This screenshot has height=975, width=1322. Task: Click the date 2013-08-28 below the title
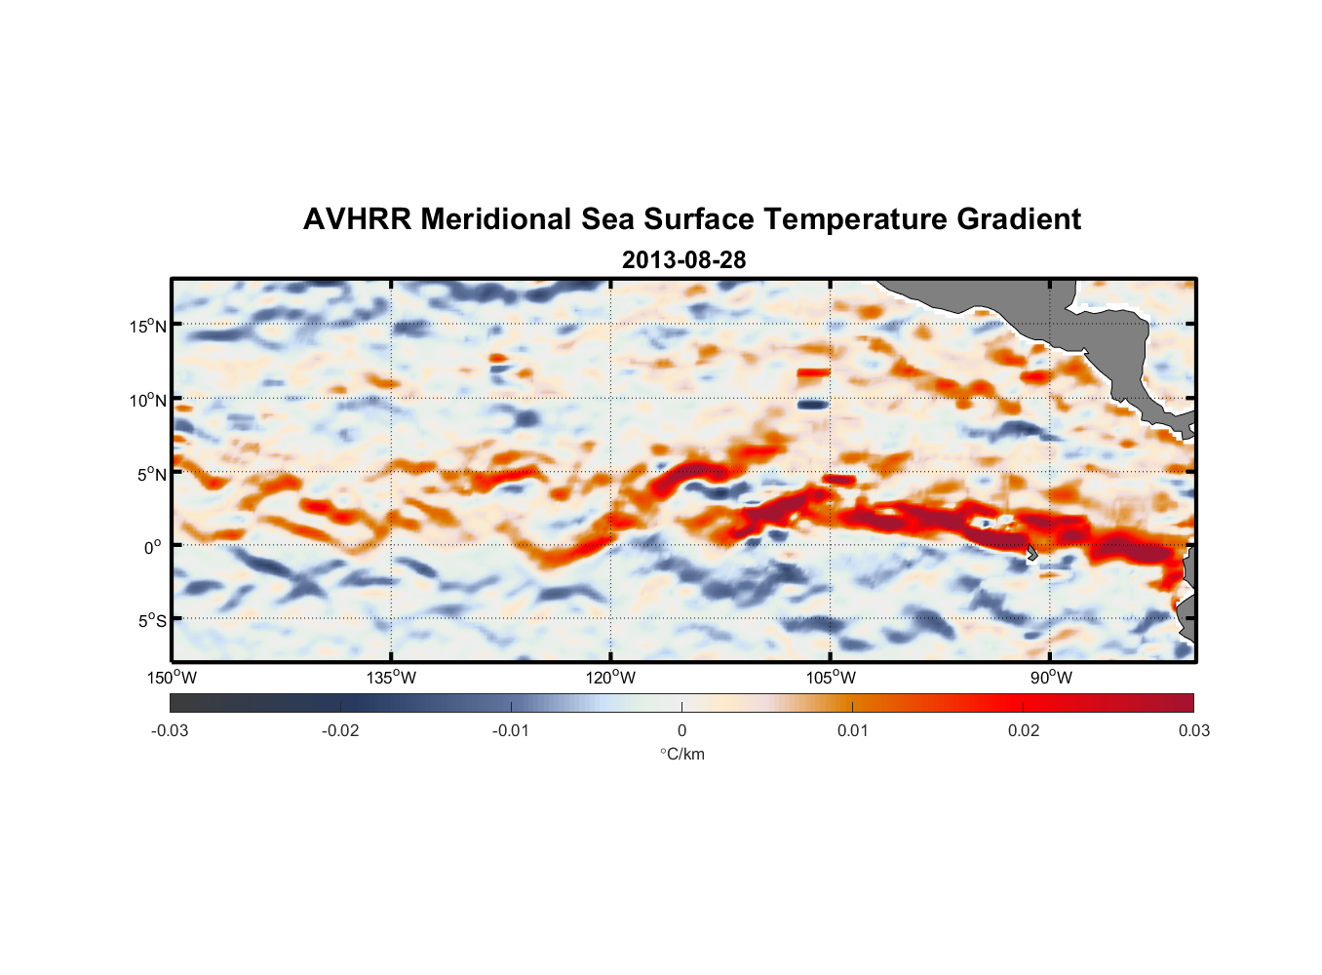pyautogui.click(x=683, y=260)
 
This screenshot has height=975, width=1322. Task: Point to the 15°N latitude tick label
pyautogui.click(x=148, y=326)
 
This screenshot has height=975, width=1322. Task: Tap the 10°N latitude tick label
pyautogui.click(x=148, y=400)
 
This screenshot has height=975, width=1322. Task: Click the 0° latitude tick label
pyautogui.click(x=153, y=547)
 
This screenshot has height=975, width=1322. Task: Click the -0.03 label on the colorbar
pyautogui.click(x=170, y=731)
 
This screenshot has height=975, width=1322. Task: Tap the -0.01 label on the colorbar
pyautogui.click(x=511, y=731)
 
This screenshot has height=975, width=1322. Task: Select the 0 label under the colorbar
pyautogui.click(x=681, y=731)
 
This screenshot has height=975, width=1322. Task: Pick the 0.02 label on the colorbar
pyautogui.click(x=1024, y=731)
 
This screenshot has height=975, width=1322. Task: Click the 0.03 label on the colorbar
pyautogui.click(x=1193, y=731)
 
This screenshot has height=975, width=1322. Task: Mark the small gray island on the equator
pyautogui.click(x=1031, y=551)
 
